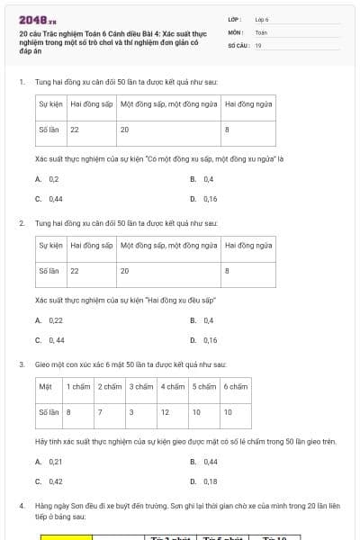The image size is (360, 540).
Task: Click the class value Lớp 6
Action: [x=262, y=19]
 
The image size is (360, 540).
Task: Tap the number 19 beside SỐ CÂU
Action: [x=258, y=45]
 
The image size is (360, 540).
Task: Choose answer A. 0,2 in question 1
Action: [x=49, y=179]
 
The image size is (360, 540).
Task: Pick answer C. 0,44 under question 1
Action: [x=51, y=199]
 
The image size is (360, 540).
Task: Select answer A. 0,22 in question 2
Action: [x=51, y=320]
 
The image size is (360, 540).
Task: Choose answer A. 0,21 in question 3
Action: [x=51, y=462]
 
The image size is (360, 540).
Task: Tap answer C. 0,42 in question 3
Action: [x=51, y=481]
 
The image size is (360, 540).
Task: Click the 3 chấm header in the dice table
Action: [x=141, y=387]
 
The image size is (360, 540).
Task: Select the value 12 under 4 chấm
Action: [x=165, y=411]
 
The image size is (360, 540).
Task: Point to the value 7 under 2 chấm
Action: [x=101, y=411]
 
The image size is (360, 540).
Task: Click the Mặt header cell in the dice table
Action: [x=46, y=387]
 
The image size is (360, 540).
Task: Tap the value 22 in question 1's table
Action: [x=75, y=130]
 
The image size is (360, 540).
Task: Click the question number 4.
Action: [x=22, y=507]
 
